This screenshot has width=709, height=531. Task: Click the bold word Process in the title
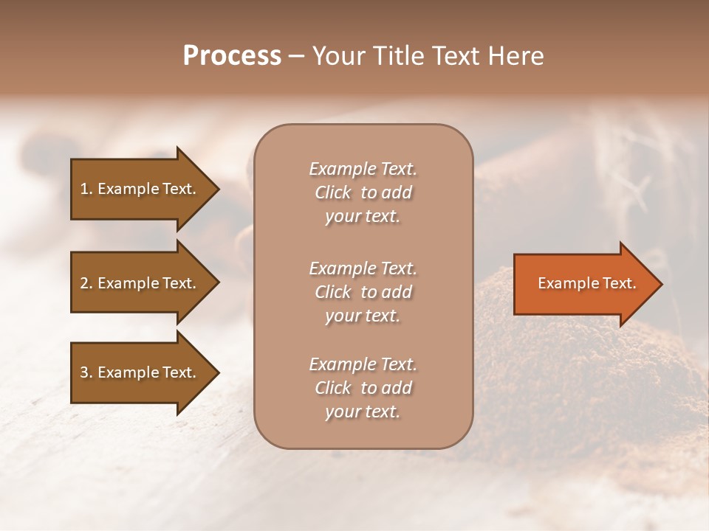pos(232,56)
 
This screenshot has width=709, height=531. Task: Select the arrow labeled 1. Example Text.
pos(140,189)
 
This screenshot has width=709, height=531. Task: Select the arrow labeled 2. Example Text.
pos(140,283)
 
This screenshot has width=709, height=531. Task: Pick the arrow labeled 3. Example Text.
pos(140,372)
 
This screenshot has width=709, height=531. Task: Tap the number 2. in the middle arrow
pos(86,283)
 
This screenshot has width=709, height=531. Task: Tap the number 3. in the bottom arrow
pos(86,372)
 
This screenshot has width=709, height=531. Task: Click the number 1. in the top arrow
pos(86,189)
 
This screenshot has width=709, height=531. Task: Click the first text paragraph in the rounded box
pos(363,192)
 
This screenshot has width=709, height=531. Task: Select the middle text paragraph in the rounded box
pos(363,292)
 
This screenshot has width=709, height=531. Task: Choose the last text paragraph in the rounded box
pos(363,388)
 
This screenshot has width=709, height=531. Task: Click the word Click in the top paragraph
pos(332,192)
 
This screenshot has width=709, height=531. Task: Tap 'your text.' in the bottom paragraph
pos(363,412)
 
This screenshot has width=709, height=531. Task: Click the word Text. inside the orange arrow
pos(617,283)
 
